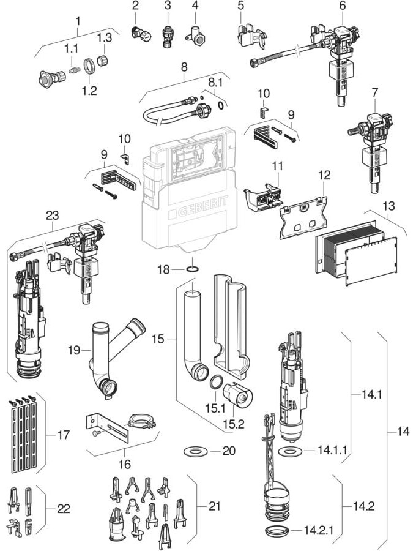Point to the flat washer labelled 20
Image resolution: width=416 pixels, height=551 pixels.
click(x=195, y=452)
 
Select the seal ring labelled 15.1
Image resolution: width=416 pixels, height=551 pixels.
click(x=215, y=384)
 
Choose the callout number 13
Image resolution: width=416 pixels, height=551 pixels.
click(x=388, y=208)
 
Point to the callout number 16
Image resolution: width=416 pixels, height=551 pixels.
click(x=124, y=465)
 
